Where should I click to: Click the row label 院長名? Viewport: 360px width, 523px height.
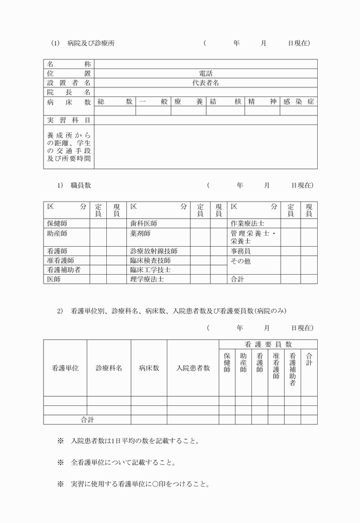(69, 92)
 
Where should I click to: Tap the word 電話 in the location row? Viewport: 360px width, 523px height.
(206, 73)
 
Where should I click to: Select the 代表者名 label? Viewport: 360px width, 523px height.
(206, 83)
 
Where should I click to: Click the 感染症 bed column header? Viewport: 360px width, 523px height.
(298, 102)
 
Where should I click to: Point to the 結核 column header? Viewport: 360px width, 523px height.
(226, 102)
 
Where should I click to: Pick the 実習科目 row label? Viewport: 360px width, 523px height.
(69, 120)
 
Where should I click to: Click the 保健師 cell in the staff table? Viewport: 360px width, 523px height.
(57, 223)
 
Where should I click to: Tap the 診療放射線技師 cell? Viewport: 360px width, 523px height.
(154, 251)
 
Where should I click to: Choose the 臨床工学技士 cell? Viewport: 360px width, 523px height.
(150, 269)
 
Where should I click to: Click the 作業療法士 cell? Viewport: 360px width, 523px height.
(248, 223)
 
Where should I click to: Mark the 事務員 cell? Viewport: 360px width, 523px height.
(241, 251)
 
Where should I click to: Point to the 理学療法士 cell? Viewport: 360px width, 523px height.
(147, 279)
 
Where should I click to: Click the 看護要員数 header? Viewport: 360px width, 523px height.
(268, 344)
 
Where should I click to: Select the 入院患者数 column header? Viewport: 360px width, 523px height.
(193, 368)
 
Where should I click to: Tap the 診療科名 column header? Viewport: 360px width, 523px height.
(109, 368)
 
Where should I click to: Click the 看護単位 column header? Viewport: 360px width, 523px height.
(65, 368)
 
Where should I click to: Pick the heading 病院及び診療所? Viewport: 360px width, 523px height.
(91, 43)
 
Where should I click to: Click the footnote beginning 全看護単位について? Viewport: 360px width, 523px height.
(122, 462)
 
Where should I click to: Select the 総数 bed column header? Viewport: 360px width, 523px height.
(115, 102)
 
